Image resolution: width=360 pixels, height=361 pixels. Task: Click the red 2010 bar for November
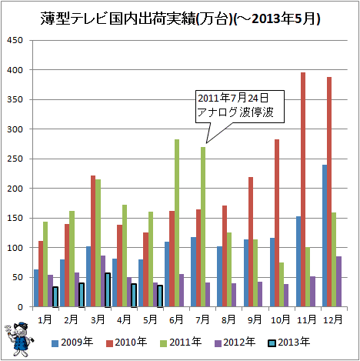point(303,189)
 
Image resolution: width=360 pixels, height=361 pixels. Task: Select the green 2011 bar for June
point(177,223)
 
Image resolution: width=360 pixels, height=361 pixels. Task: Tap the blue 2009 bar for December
point(325,236)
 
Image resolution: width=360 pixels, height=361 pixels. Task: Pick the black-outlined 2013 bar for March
point(108,290)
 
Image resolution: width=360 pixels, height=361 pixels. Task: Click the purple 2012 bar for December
point(338,282)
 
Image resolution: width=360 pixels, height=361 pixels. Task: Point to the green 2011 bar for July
point(203,227)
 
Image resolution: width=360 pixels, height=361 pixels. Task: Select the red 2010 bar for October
point(277,223)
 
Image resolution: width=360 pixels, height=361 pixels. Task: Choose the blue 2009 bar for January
point(36,288)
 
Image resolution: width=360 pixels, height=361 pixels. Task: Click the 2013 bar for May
point(160,296)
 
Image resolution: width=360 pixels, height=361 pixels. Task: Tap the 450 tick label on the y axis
point(15,40)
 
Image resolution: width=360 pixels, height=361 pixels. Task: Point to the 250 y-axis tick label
point(15,159)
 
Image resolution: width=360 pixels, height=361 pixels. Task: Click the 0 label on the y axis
point(20,307)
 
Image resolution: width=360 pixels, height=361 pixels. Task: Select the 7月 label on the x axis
point(202,319)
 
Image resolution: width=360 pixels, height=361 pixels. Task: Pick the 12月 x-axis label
point(332,319)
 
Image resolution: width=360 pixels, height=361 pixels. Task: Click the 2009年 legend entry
point(72,343)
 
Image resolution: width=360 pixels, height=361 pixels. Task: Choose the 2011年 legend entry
point(181,343)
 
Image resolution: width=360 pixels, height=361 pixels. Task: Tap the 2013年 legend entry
point(289,343)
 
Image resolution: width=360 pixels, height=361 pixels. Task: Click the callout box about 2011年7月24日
point(240,106)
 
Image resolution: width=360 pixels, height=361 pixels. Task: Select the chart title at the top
point(180,19)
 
